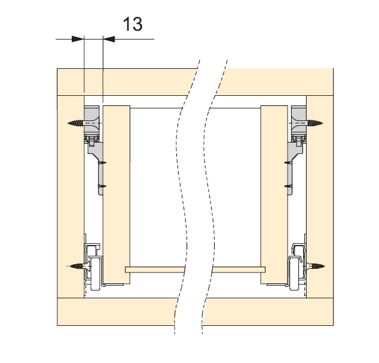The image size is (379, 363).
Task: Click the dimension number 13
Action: [133, 24]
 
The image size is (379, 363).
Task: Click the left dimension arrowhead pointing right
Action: [78, 39]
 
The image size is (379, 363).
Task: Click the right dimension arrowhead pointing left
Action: [109, 39]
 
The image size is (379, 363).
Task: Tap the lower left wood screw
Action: [77, 266]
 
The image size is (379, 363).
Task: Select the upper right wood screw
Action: [314, 123]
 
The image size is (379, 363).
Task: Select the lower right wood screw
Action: [316, 266]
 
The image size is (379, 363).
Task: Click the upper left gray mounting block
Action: [91, 120]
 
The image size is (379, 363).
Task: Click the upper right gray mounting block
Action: [299, 120]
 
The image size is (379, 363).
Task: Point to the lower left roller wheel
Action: [95, 274]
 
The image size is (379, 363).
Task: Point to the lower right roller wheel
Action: [295, 274]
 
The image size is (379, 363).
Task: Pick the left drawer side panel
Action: [117, 195]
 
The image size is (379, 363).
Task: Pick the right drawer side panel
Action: [274, 195]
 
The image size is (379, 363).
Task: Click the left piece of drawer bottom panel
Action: [155, 270]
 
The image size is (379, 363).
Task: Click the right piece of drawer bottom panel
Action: [239, 270]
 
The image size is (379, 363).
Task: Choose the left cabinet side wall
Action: [71, 196]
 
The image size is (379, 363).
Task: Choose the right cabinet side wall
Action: [320, 196]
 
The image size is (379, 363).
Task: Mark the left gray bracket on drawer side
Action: [97, 168]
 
